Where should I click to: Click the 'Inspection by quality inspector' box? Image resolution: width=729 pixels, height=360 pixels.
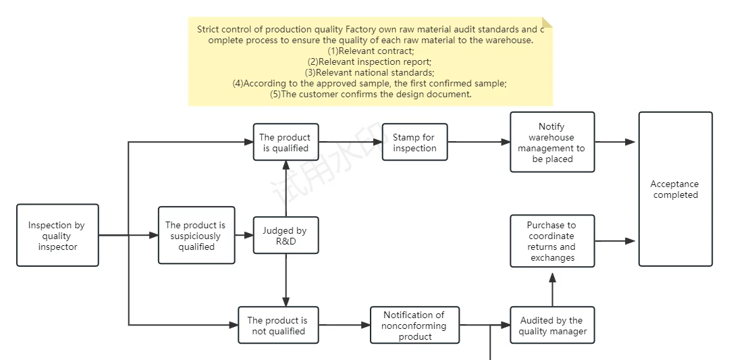click(x=57, y=235)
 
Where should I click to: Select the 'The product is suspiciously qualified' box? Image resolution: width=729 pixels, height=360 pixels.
click(x=196, y=235)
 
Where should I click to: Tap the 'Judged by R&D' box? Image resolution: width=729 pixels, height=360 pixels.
click(x=286, y=235)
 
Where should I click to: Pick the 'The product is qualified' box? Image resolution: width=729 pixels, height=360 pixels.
click(x=286, y=142)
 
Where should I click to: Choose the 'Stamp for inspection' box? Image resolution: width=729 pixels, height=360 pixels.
click(x=414, y=142)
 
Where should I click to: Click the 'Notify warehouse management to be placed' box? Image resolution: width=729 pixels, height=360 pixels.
click(x=552, y=143)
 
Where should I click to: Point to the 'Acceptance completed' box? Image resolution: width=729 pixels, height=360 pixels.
click(x=675, y=189)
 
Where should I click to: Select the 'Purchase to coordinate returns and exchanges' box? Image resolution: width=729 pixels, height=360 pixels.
click(x=552, y=240)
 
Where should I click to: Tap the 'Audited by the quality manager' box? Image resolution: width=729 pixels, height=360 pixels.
click(x=552, y=325)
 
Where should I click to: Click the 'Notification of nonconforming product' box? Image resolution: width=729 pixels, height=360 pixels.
click(x=414, y=325)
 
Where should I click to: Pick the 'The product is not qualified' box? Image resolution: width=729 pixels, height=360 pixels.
click(x=277, y=325)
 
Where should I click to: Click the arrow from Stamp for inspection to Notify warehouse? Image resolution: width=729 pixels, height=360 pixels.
click(x=479, y=142)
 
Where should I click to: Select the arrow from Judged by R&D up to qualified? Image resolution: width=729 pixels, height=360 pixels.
click(x=286, y=189)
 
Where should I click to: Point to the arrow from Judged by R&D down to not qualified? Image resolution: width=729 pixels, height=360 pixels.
click(x=286, y=280)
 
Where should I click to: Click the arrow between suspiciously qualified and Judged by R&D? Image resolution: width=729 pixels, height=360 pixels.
click(x=244, y=235)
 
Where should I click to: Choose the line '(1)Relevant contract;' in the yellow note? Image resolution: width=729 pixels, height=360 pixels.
click(x=371, y=51)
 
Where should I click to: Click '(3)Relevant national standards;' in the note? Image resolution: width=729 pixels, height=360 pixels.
click(x=370, y=72)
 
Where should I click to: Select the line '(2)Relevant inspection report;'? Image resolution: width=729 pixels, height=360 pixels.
click(x=370, y=61)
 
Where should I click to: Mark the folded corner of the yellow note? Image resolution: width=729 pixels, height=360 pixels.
click(x=547, y=23)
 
